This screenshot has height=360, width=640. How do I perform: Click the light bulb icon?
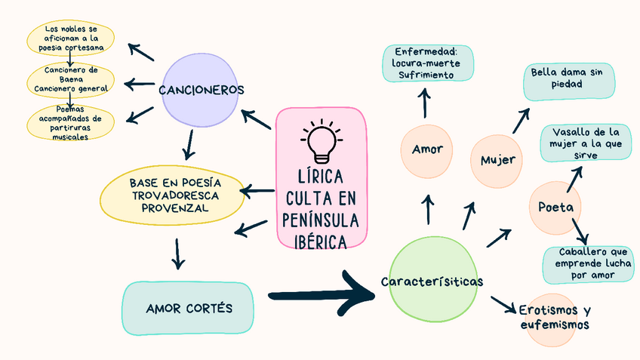point(322,142)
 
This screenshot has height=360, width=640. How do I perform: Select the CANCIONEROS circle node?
point(201,90)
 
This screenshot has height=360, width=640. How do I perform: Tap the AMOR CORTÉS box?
point(189,309)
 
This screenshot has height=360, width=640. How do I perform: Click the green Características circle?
point(432,282)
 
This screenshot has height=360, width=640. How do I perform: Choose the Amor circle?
point(427,149)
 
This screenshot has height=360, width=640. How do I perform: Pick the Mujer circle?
point(497,160)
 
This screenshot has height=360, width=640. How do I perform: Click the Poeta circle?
point(555,207)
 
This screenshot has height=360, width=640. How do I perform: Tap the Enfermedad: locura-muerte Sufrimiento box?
point(427,63)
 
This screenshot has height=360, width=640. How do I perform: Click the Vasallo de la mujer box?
point(586,143)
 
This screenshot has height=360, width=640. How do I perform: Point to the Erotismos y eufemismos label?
point(555,317)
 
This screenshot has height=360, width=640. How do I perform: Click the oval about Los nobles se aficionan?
point(69,38)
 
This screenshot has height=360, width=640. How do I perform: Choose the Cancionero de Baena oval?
point(70,79)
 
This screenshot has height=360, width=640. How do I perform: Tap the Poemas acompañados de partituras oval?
point(69,121)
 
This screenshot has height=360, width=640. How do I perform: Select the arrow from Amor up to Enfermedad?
point(424,103)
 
